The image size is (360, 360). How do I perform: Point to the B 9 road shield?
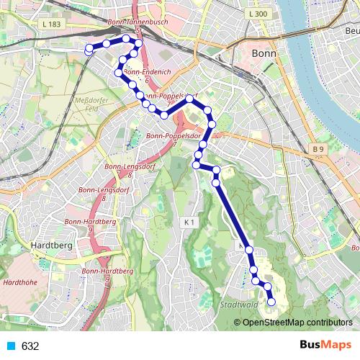[319, 149]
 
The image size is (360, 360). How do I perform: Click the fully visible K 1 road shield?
[190, 222]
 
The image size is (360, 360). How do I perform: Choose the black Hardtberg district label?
[48, 246]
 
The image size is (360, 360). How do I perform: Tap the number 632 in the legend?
[30, 346]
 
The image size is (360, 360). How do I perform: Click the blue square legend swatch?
[11, 346]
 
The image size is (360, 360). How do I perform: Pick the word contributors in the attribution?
[328, 323]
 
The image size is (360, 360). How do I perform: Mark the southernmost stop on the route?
[271, 302]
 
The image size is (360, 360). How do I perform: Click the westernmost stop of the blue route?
[89, 50]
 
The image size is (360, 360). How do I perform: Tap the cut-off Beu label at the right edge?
[352, 31]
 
